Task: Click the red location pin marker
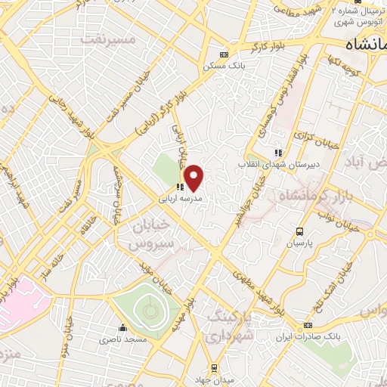[x=195, y=178]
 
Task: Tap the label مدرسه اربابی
[x=178, y=200]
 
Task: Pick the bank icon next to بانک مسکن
[x=223, y=54]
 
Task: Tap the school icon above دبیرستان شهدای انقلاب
[x=279, y=153]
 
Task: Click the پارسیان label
[x=299, y=244]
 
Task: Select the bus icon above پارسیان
[x=300, y=232]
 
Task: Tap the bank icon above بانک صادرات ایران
[x=307, y=325]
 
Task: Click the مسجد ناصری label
[x=124, y=340]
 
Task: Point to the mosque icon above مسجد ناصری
[x=122, y=328]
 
